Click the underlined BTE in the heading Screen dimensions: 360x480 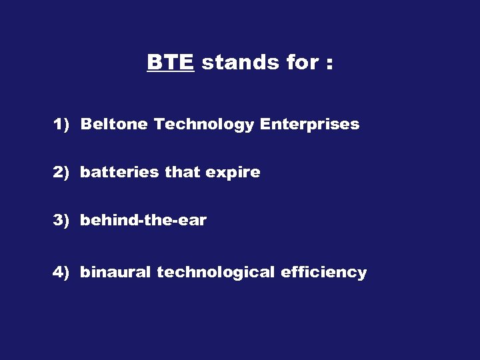[170, 63]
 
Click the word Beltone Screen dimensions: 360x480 [115, 125]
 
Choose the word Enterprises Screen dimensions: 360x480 [309, 125]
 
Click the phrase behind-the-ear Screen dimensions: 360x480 [143, 221]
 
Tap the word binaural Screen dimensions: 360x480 [116, 273]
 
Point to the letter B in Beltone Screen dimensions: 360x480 [85, 125]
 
